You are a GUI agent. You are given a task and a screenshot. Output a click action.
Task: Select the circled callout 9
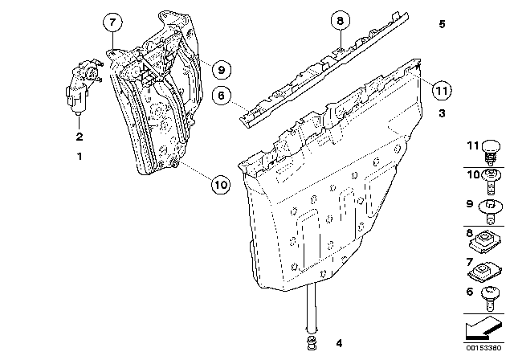222,69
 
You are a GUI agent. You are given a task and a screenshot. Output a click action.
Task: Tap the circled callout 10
221,184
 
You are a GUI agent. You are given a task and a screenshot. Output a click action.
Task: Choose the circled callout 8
340,22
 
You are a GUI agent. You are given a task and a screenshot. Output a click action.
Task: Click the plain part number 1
79,156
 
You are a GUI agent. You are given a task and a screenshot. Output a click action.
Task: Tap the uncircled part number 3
442,114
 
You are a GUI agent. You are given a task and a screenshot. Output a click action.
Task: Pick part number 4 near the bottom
338,343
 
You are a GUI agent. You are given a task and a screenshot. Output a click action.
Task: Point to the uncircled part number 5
442,25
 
